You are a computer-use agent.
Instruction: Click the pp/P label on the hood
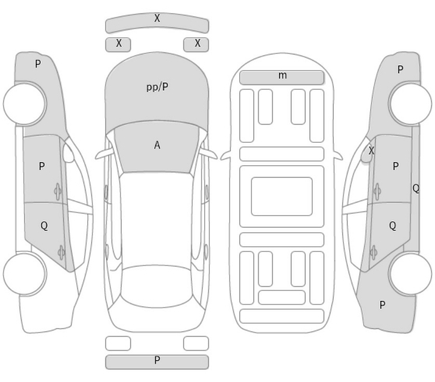coord(157,87)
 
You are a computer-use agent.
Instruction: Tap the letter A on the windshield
coord(157,145)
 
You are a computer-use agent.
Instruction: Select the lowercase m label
coord(282,75)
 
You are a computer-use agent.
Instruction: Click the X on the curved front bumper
coord(157,18)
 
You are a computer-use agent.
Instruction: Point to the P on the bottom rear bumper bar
coord(157,360)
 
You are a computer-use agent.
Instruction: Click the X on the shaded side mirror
coord(371,150)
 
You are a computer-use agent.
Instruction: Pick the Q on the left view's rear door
coord(44,226)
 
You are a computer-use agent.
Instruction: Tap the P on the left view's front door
coord(41,166)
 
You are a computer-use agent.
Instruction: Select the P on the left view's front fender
coord(38,64)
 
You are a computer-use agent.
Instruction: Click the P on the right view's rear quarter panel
coord(382,305)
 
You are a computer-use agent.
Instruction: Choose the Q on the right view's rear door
coord(393,226)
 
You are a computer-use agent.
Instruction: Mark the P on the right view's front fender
coord(400,69)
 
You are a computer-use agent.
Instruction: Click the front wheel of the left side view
coord(25,104)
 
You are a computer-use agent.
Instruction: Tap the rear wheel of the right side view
coord(410,274)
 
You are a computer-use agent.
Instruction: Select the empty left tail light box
coord(118,344)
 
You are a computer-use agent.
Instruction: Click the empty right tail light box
coord(196,344)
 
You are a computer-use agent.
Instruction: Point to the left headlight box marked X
coord(118,44)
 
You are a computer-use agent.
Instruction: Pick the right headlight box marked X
coord(196,44)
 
